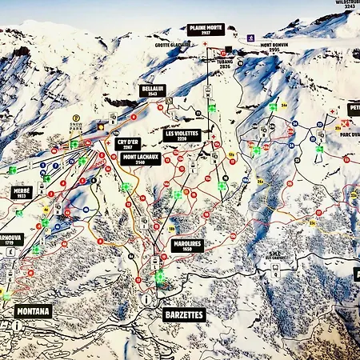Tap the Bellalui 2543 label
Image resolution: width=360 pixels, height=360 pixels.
[x=153, y=90]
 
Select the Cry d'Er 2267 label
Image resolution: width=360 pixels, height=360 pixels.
[x=128, y=144]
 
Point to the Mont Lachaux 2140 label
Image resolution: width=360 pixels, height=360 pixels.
[x=140, y=158]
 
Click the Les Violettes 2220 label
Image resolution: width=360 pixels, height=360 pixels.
[x=182, y=134]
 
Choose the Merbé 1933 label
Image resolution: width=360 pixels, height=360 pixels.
[x=22, y=193]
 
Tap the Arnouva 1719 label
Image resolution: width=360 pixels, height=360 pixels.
[x=10, y=238]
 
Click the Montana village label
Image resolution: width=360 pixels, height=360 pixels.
[x=32, y=310]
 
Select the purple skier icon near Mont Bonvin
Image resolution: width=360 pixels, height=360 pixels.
[x=250, y=38]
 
